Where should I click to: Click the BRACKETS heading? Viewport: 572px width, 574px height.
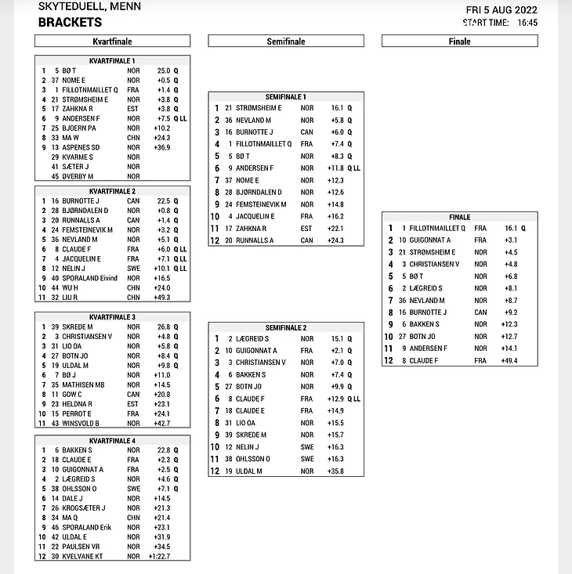click(x=70, y=23)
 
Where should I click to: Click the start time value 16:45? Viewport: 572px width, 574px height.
click(x=527, y=23)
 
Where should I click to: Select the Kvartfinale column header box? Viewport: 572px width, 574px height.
click(x=112, y=42)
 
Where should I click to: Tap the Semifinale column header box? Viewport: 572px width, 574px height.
click(x=286, y=42)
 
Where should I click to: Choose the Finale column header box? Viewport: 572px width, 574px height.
click(x=460, y=42)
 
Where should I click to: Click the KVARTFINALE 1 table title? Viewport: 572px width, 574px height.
click(x=113, y=60)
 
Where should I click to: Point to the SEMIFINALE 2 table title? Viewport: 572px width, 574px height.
click(x=286, y=327)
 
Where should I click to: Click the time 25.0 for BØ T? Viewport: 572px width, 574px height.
click(x=164, y=70)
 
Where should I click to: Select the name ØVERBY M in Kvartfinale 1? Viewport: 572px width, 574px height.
click(x=79, y=175)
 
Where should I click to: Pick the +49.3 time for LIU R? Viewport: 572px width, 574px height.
click(x=162, y=298)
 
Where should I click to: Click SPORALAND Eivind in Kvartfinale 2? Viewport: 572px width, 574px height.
click(x=89, y=278)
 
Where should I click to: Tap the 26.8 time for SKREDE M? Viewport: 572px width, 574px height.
click(x=164, y=327)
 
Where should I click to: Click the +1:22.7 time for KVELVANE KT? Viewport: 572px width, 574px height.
click(x=160, y=556)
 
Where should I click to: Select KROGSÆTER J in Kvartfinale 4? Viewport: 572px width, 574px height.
click(x=84, y=508)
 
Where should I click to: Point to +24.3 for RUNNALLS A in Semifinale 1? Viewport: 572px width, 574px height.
click(x=338, y=240)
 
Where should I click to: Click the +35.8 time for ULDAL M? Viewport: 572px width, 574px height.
click(x=338, y=471)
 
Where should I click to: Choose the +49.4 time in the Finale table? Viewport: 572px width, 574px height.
click(x=511, y=360)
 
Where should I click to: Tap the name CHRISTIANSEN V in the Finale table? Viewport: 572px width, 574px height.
click(x=435, y=264)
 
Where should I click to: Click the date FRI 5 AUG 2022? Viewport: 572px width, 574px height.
click(x=501, y=9)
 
